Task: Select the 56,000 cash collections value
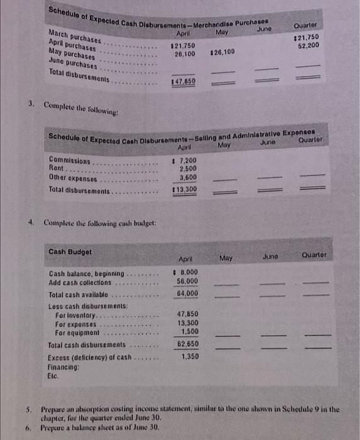[187, 282]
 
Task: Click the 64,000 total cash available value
[187, 293]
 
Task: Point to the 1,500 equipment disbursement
[188, 331]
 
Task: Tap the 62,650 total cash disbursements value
[187, 344]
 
